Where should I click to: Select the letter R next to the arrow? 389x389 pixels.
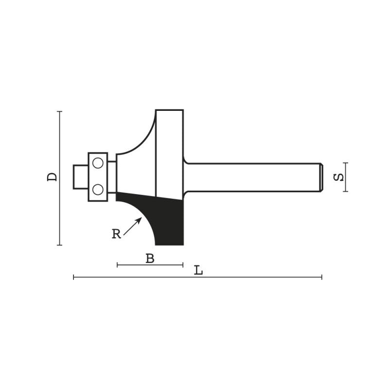pos(116,234)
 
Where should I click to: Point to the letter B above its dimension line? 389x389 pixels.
pos(150,259)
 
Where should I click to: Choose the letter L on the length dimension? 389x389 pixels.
pos(198,270)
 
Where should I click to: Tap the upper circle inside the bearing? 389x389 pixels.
pos(98,164)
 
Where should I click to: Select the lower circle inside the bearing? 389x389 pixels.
pos(98,189)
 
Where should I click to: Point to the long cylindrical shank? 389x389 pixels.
pos(253,177)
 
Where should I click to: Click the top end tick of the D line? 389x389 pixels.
pos(60,111)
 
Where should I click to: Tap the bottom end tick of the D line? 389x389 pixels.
pos(60,245)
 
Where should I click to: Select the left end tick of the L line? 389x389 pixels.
pos(73,277)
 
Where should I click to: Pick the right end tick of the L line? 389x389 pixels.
pos(321,277)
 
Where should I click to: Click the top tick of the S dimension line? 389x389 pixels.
pos(346,162)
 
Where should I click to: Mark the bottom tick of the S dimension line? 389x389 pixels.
pos(346,191)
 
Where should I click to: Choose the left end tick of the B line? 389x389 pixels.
pos(118,265)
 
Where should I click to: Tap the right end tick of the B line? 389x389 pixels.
pos(182,265)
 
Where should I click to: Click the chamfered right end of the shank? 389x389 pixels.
pos(320,177)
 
